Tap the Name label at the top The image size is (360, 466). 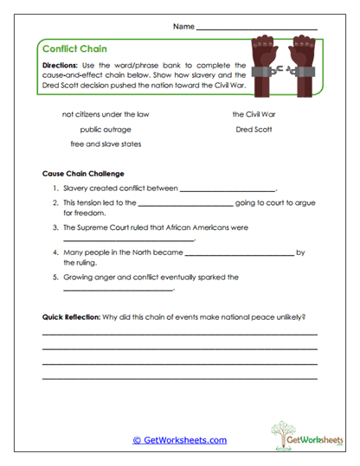coord(183,27)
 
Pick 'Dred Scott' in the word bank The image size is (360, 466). coord(253,129)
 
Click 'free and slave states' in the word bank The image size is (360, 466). coord(106,144)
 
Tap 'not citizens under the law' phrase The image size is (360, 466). coord(106,114)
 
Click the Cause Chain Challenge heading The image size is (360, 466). coord(83,173)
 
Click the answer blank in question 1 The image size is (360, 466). coord(227,188)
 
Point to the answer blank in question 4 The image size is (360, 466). coord(240,254)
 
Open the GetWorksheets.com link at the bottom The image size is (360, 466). coord(179,440)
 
